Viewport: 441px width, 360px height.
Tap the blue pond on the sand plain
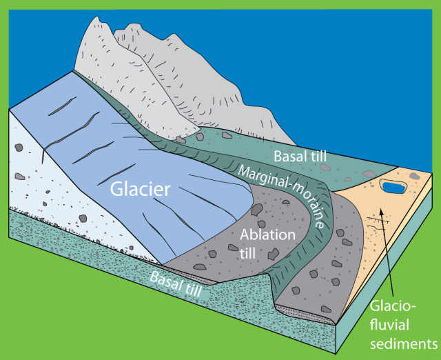[393, 188]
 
